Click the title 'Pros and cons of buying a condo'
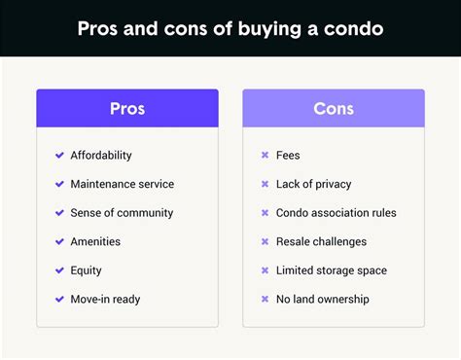pyautogui.click(x=230, y=27)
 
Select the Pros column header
pyautogui.click(x=127, y=108)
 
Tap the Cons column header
pyautogui.click(x=333, y=108)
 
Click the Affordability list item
pyautogui.click(x=101, y=156)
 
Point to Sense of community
pyautogui.click(x=122, y=213)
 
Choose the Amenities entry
pyautogui.click(x=95, y=241)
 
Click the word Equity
pyautogui.click(x=86, y=270)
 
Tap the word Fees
pyautogui.click(x=289, y=156)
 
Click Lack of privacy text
pyautogui.click(x=313, y=184)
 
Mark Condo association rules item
pyautogui.click(x=337, y=213)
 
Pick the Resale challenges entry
pyautogui.click(x=322, y=241)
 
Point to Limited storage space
pyautogui.click(x=332, y=270)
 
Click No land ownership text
pyautogui.click(x=323, y=299)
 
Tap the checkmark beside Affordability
pyautogui.click(x=59, y=156)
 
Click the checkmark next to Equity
pyautogui.click(x=59, y=270)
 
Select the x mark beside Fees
pyautogui.click(x=265, y=156)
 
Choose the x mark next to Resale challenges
pyautogui.click(x=265, y=241)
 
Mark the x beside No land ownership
pyautogui.click(x=265, y=299)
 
